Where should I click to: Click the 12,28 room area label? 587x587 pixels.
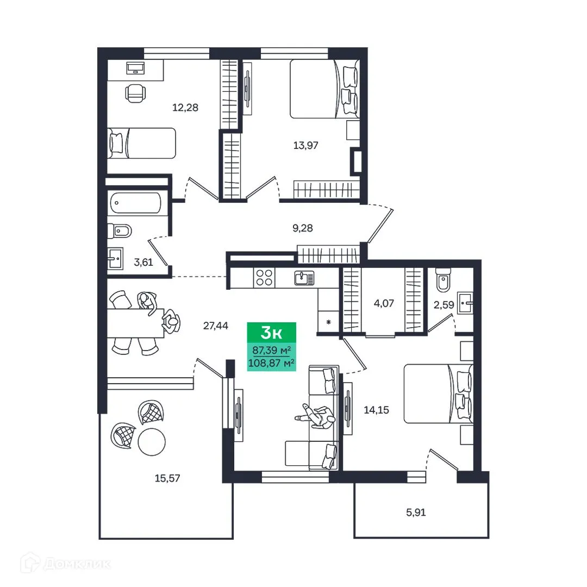185,107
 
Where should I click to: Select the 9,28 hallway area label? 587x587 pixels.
303,229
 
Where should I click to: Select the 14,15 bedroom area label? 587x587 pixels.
377,410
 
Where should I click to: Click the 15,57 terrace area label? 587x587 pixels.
166,478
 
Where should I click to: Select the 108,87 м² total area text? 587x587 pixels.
272,362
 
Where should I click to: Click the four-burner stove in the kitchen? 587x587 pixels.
265,278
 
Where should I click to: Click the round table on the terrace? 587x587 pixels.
151,442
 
